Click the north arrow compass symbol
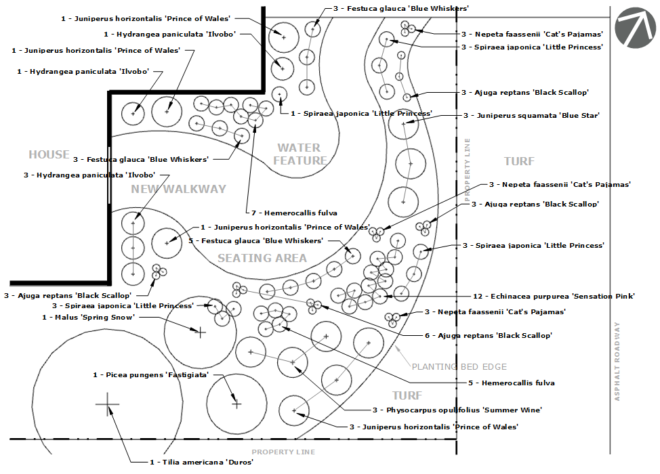click(635, 28)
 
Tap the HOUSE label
click(49, 154)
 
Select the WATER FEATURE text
click(300, 154)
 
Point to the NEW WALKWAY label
click(178, 189)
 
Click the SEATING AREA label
click(262, 258)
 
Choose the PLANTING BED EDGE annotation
click(459, 367)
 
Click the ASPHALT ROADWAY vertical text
click(617, 362)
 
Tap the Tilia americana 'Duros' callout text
click(202, 462)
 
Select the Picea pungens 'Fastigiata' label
click(150, 374)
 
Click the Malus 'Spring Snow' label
click(88, 317)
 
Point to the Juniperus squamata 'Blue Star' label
click(531, 115)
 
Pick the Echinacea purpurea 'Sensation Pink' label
click(554, 296)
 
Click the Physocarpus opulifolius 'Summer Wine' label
click(457, 410)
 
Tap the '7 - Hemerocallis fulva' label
click(294, 213)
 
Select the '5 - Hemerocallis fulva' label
click(512, 383)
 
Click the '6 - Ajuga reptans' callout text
click(489, 335)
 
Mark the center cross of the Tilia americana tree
click(107, 404)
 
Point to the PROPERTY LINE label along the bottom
click(283, 452)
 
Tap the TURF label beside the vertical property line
click(520, 161)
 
